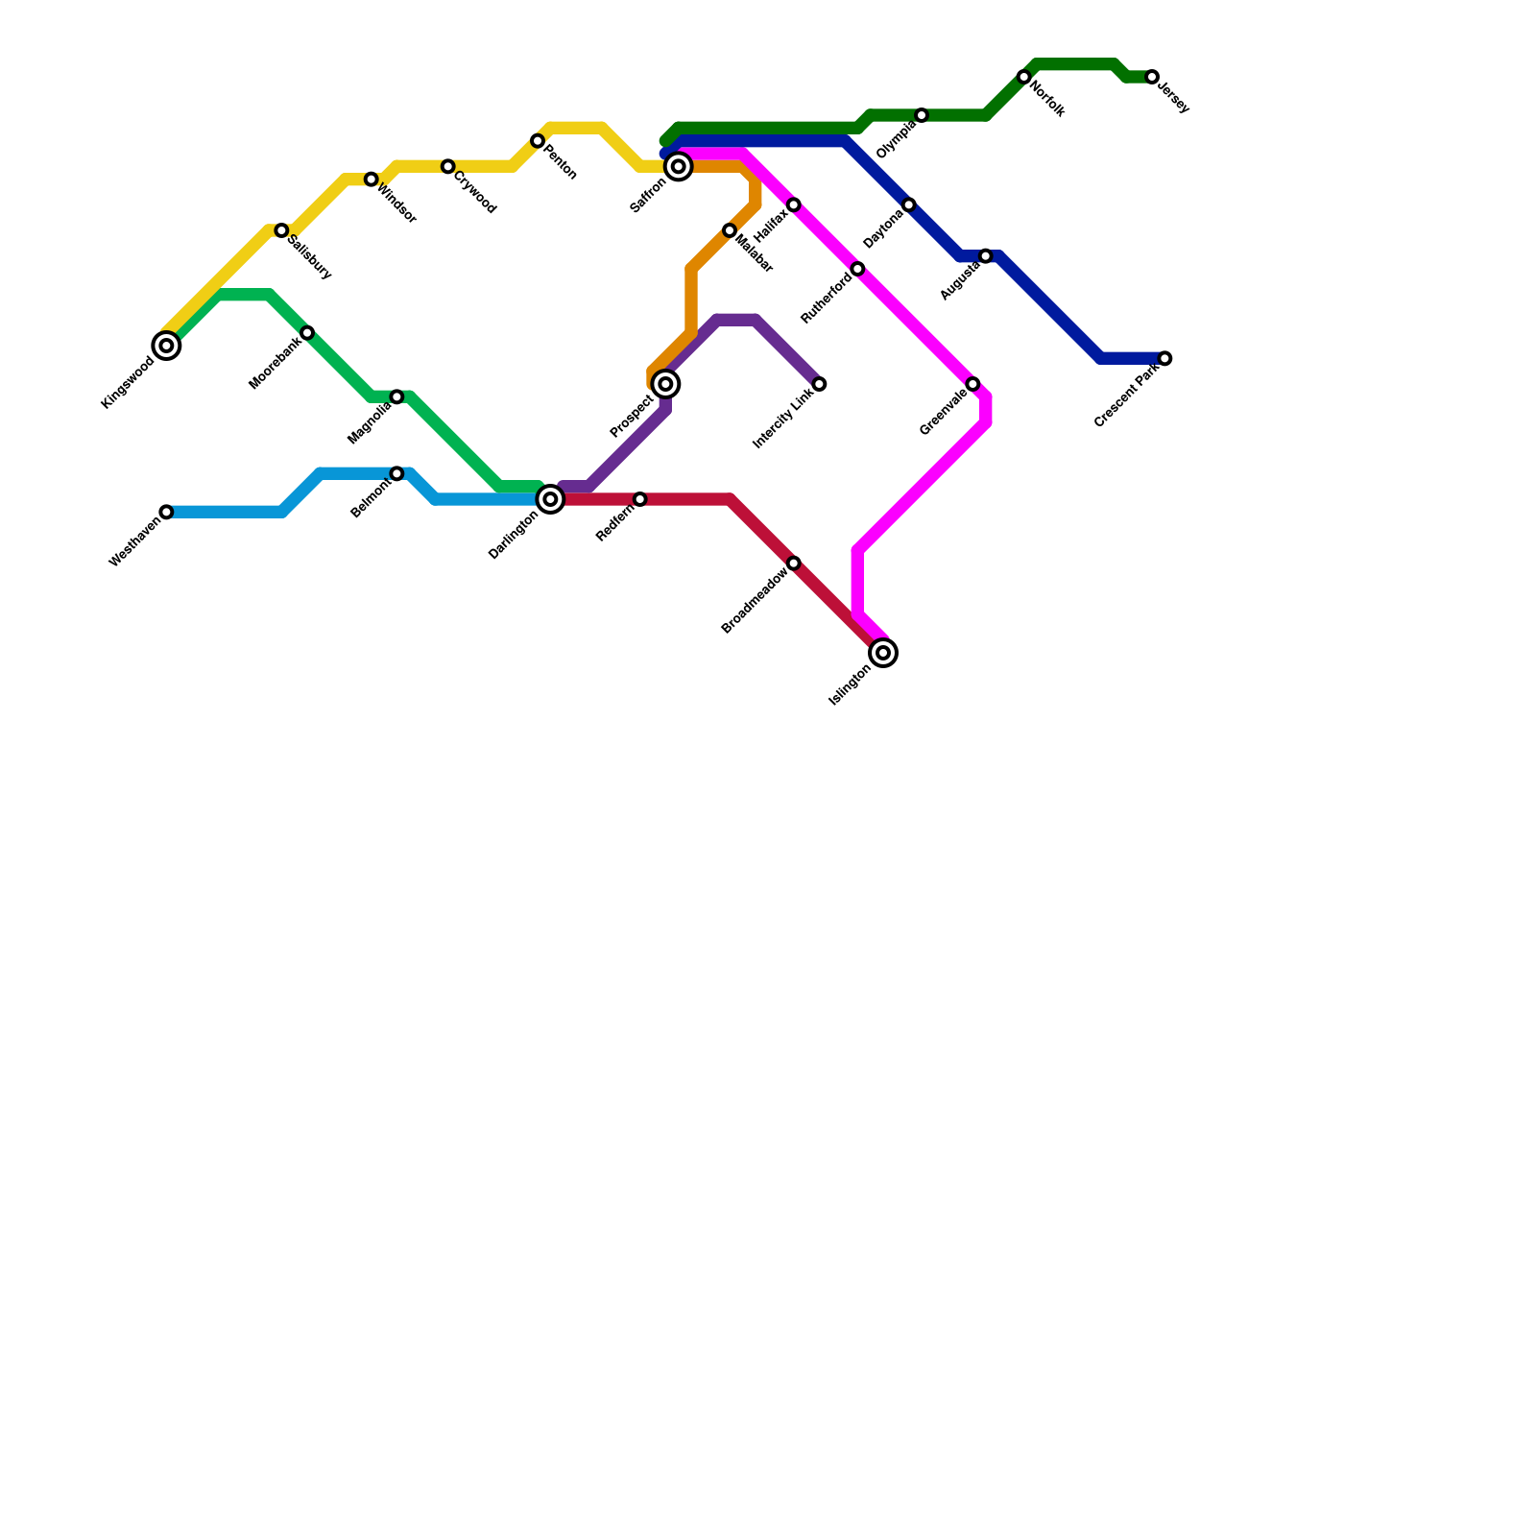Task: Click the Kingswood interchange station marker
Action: tap(167, 346)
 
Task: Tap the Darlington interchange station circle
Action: tap(550, 499)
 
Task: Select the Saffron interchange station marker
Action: tap(679, 167)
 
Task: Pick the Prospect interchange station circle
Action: tap(665, 384)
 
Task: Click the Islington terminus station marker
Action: tap(884, 653)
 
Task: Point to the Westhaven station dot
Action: tap(167, 513)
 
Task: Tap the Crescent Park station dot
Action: tap(1164, 359)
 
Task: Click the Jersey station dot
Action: tap(1152, 77)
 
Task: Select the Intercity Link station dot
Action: tap(819, 384)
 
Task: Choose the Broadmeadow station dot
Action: tap(794, 564)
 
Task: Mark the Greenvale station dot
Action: tap(972, 384)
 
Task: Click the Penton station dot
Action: tap(538, 141)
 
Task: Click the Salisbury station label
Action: tap(309, 257)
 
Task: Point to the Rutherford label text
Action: tap(827, 298)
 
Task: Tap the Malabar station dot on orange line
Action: tap(730, 230)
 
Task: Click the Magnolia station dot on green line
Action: tap(396, 397)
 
